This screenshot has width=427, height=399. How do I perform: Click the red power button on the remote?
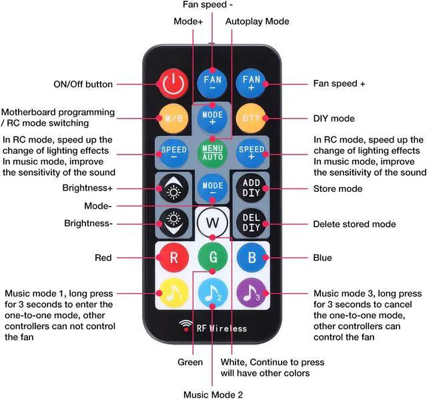pos(173,84)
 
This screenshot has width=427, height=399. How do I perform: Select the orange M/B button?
pos(173,119)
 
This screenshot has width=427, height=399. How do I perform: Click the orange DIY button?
pos(252,119)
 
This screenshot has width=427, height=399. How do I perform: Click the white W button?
pos(212,222)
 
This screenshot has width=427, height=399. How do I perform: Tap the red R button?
pos(173,257)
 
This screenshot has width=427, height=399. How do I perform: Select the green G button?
pos(212,257)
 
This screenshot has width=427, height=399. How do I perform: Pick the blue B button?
pos(252,257)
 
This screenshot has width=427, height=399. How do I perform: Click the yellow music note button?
pos(173,292)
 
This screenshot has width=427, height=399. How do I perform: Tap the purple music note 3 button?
pos(252,292)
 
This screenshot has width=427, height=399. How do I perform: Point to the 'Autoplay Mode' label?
pos(257,21)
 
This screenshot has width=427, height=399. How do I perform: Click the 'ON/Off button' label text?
pos(83,85)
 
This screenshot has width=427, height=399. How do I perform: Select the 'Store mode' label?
pos(338,189)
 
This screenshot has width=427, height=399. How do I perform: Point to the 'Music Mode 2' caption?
pos(213,394)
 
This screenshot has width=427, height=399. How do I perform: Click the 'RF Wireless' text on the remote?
pos(220,328)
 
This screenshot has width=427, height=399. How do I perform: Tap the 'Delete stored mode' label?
pos(354,224)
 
